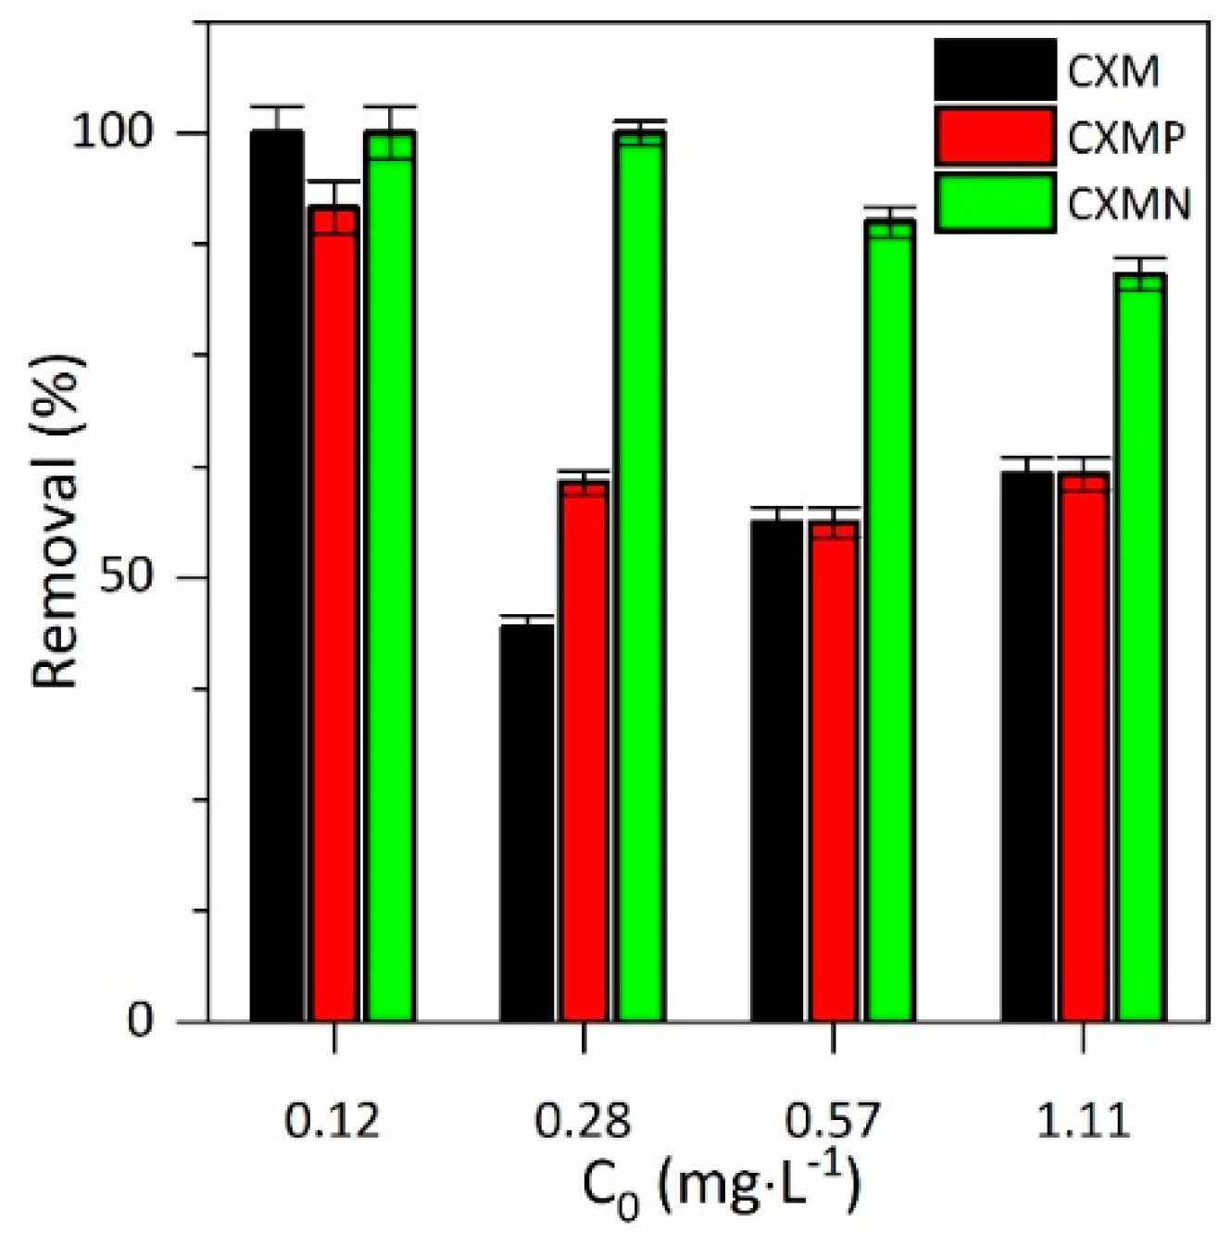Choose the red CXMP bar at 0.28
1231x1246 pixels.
584,751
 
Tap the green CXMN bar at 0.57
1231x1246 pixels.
890,621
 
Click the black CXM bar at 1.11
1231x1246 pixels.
1027,747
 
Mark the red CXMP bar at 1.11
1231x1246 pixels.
1084,747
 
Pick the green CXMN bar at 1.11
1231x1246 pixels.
1140,648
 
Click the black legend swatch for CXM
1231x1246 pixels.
995,69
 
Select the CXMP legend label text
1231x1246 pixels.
1125,138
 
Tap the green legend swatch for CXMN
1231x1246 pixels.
995,202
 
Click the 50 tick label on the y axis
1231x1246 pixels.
139,577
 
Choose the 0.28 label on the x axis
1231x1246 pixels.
583,1122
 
